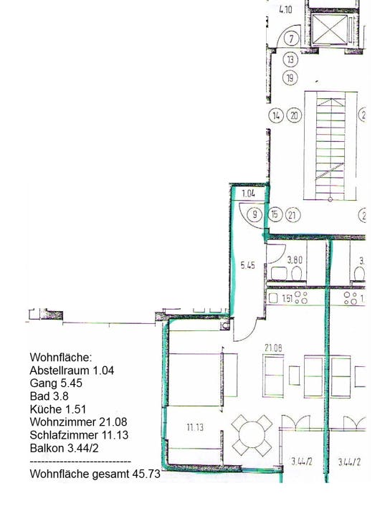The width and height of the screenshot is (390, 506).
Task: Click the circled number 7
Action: pos(291,39)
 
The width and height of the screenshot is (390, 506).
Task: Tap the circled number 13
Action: pos(290,59)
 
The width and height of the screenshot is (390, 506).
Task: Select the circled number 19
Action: pos(290,78)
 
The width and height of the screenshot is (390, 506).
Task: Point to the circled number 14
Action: pos(276,115)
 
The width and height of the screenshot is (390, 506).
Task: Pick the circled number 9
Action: pos(255,214)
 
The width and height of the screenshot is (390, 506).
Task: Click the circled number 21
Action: pos(292,215)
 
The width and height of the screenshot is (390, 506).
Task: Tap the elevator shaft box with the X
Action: pos(330,29)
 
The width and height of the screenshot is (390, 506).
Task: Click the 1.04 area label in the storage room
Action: pos(248,194)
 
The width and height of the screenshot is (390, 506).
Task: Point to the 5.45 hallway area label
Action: pos(247,265)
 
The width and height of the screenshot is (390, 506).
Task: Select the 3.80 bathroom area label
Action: pos(295,259)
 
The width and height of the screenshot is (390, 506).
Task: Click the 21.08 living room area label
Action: pos(273,348)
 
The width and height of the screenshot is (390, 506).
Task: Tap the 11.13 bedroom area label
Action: pos(195,427)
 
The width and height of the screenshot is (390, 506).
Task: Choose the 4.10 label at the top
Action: pos(285,9)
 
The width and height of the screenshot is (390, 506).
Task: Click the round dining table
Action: pos(252,435)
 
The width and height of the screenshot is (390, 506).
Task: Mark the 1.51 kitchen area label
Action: pos(287,298)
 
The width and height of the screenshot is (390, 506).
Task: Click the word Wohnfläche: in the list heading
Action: pos(61,357)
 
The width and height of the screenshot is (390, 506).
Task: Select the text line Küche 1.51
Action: pos(58,409)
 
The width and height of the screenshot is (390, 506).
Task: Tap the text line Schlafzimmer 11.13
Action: pos(79,435)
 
